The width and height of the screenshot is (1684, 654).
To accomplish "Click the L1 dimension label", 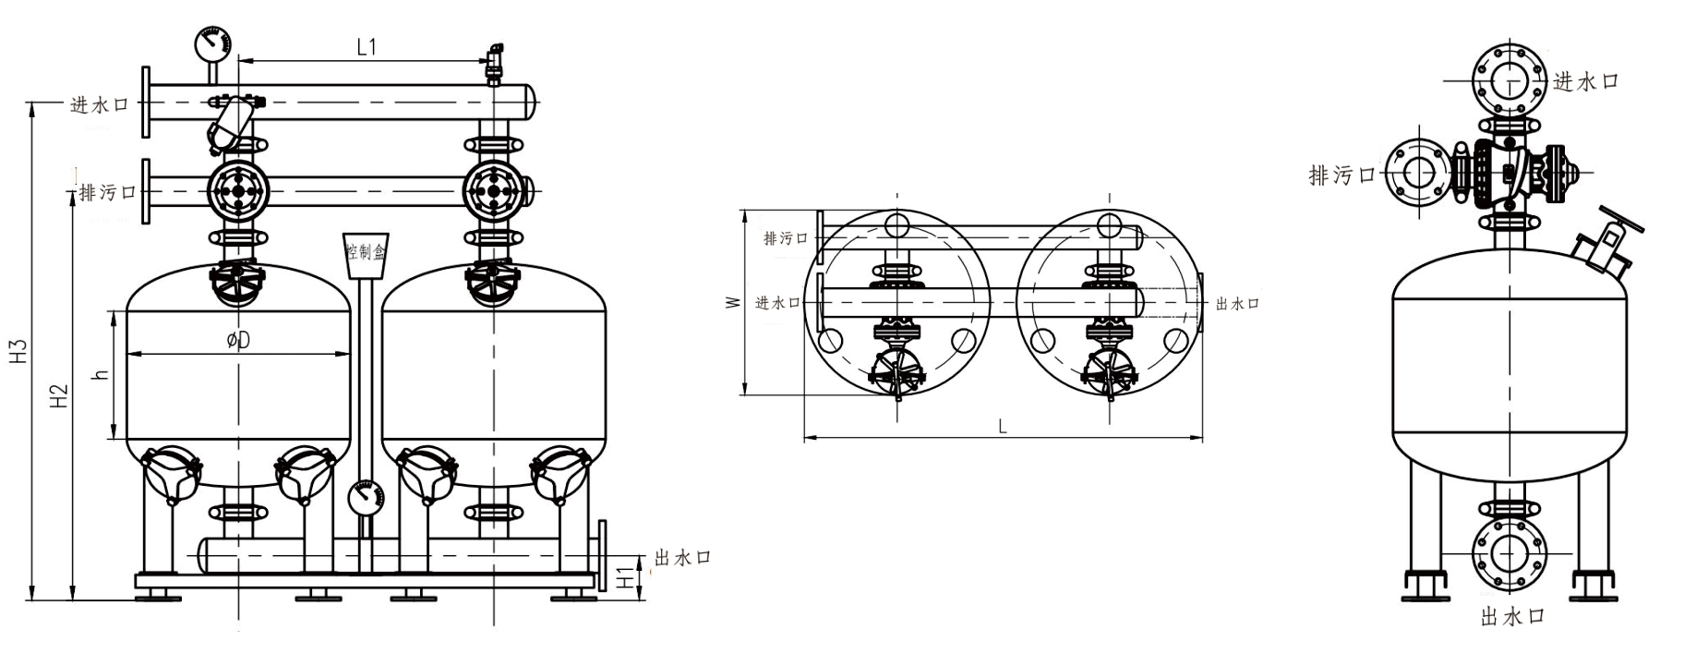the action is (x=367, y=47).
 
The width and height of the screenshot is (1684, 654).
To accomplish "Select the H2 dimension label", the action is (x=60, y=397).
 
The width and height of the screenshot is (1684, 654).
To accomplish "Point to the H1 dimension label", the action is (x=627, y=576).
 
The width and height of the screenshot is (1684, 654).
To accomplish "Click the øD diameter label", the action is (x=238, y=340).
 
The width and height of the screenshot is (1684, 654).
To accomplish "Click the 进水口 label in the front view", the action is (x=100, y=104).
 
